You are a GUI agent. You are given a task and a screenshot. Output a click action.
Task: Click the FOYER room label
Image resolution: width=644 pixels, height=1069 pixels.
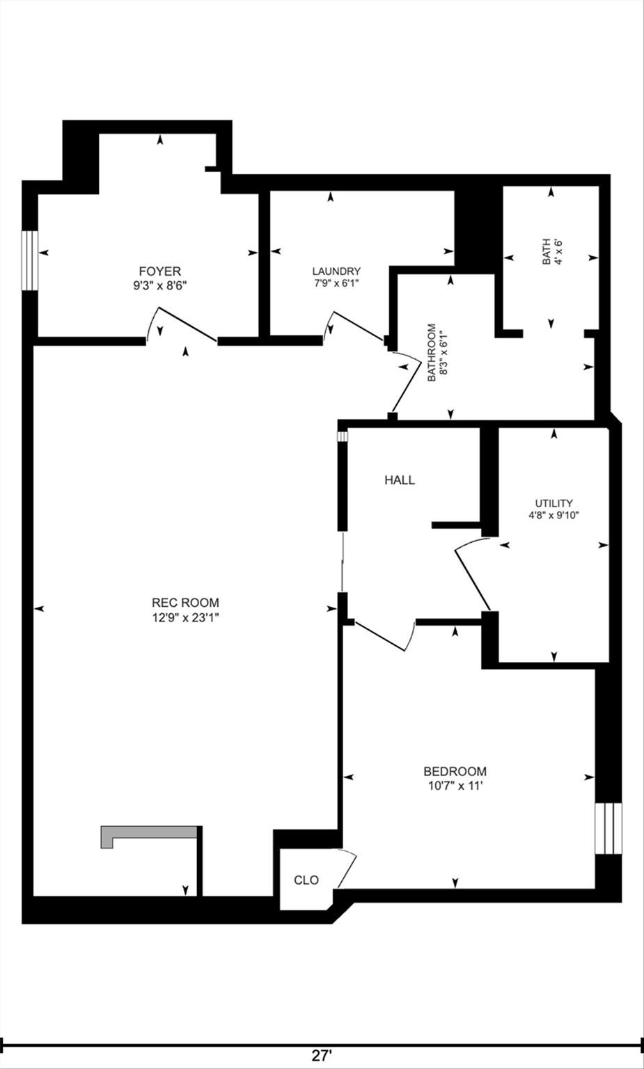click(x=160, y=271)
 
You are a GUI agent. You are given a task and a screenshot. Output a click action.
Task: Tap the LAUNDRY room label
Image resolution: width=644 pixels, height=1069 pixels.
click(x=336, y=271)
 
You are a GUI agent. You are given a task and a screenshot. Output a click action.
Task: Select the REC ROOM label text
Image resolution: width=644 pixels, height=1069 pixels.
click(x=185, y=603)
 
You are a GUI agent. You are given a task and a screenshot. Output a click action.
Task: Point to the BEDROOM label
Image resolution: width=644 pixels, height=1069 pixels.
click(x=455, y=771)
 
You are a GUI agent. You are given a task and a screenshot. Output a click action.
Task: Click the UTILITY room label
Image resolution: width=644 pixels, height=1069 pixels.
click(x=553, y=503)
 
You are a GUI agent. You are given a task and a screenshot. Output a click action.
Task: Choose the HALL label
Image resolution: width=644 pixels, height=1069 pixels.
click(x=400, y=480)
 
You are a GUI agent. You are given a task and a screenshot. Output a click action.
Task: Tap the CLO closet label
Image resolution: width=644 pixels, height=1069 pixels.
click(x=306, y=880)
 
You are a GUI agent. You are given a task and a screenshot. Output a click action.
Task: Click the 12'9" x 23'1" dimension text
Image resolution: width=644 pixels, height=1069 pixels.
click(x=185, y=617)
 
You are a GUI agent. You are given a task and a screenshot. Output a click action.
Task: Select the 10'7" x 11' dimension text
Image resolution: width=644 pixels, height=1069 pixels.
click(x=455, y=786)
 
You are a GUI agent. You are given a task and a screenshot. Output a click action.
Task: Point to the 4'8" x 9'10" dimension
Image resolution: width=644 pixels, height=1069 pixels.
click(x=553, y=516)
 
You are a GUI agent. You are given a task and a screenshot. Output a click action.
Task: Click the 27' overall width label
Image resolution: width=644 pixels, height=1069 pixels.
click(x=321, y=1056)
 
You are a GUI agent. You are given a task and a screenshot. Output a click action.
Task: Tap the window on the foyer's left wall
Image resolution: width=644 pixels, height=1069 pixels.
click(x=29, y=260)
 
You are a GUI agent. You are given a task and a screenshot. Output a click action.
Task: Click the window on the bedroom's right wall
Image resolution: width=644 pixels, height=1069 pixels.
click(x=608, y=828)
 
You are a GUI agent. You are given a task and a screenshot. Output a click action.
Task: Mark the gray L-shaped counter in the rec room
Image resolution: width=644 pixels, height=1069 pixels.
click(x=148, y=834)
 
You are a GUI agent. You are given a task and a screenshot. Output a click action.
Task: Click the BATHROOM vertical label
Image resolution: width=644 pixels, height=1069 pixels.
click(x=432, y=352)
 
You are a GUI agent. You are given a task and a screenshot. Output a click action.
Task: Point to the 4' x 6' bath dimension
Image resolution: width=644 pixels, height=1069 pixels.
click(x=558, y=252)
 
